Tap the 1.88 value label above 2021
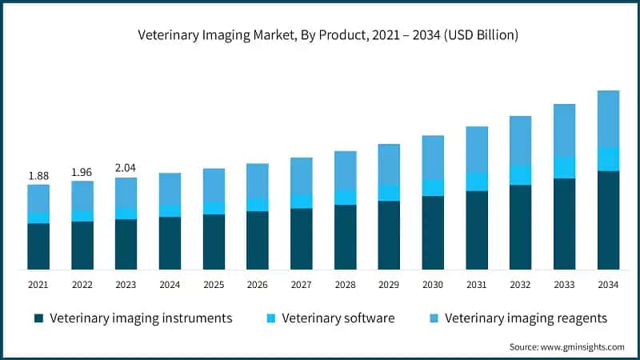[38, 175]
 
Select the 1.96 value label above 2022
[82, 171]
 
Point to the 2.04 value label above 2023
[126, 168]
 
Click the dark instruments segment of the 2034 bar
[609, 220]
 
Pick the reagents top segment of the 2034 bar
[609, 118]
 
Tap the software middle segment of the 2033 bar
[565, 167]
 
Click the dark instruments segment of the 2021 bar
[38, 246]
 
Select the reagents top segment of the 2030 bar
[433, 157]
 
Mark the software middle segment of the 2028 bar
[345, 197]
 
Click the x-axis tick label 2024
[170, 284]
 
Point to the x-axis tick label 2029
[389, 284]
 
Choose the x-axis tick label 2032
[521, 284]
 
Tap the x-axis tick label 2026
[258, 284]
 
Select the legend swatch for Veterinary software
[271, 318]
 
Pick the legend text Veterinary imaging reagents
[526, 318]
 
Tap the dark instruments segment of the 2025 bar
[214, 242]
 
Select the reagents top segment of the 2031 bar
[477, 149]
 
